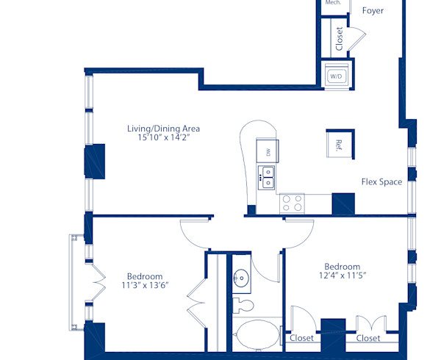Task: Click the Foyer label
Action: pyautogui.click(x=373, y=11)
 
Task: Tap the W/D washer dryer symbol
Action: pyautogui.click(x=337, y=76)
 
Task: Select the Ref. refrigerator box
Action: pyautogui.click(x=340, y=144)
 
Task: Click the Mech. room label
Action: pyautogui.click(x=333, y=3)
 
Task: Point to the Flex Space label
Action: pyautogui.click(x=381, y=181)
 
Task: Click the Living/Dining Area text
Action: pyautogui.click(x=163, y=129)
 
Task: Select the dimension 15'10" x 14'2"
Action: pyautogui.click(x=163, y=137)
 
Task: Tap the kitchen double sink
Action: pyautogui.click(x=266, y=176)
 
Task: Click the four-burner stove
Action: pyautogui.click(x=292, y=203)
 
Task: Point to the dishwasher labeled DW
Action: pyautogui.click(x=268, y=152)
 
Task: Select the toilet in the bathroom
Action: pyautogui.click(x=243, y=304)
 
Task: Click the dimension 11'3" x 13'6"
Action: pyautogui.click(x=145, y=286)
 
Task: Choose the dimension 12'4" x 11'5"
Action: pyautogui.click(x=343, y=276)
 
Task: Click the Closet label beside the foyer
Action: pyautogui.click(x=339, y=38)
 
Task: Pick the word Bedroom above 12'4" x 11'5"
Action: pyautogui.click(x=343, y=267)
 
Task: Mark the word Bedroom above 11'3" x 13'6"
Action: pyautogui.click(x=145, y=277)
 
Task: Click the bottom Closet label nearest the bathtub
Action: pyautogui.click(x=301, y=339)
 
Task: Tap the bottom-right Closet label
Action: pyautogui.click(x=368, y=339)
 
